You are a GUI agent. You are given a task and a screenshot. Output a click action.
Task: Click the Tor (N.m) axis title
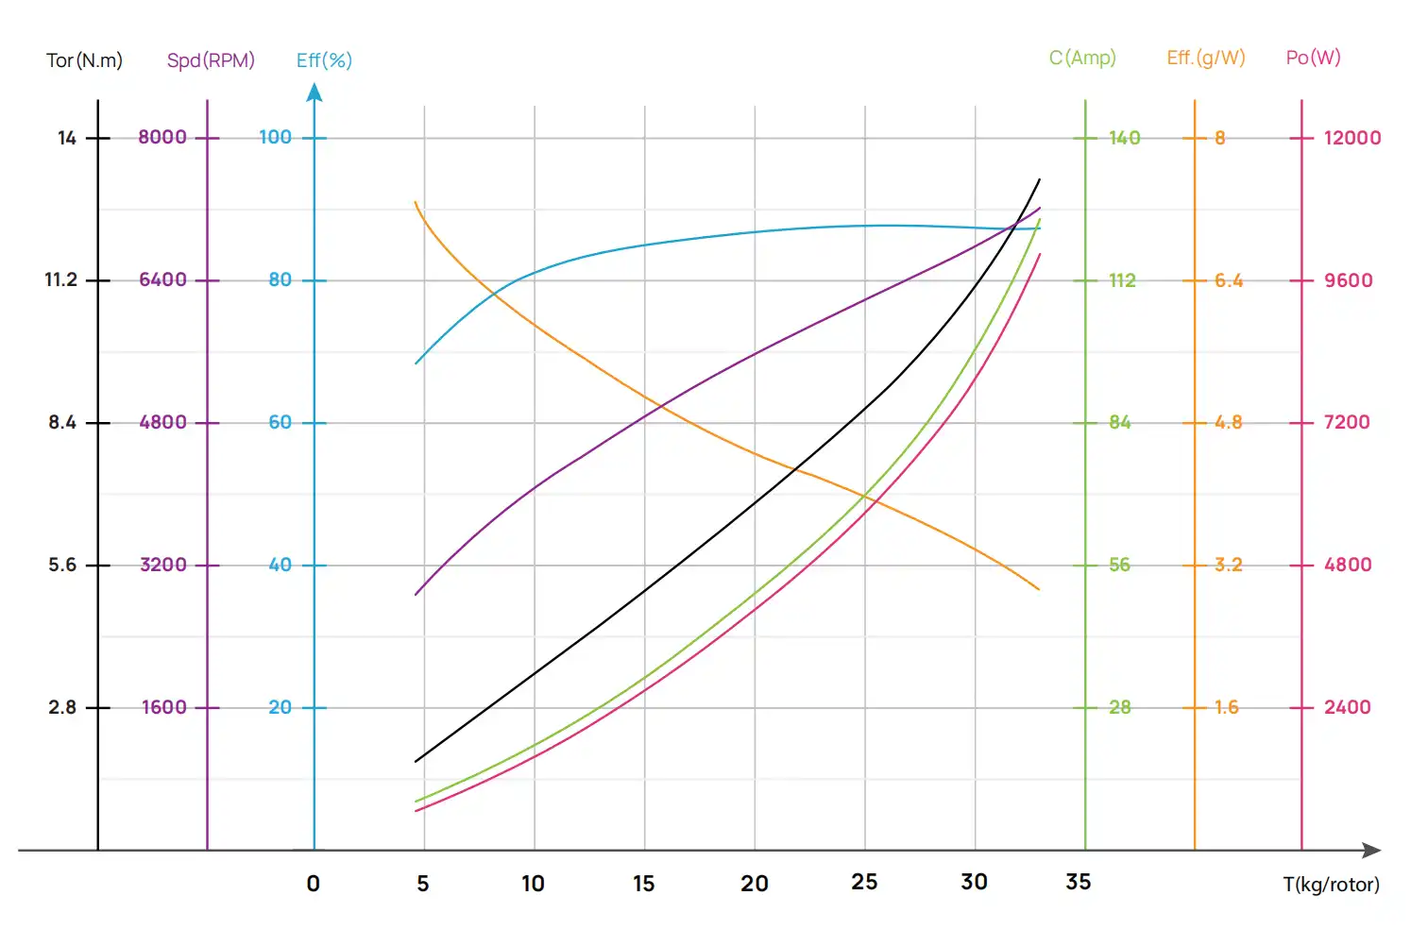[x=84, y=60]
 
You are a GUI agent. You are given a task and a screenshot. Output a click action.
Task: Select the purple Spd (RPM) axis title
[x=211, y=60]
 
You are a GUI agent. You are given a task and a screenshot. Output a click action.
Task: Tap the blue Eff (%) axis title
[x=324, y=60]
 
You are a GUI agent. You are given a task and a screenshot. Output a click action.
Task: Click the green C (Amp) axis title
[x=1082, y=58]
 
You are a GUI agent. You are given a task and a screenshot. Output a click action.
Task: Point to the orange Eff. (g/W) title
[x=1206, y=58]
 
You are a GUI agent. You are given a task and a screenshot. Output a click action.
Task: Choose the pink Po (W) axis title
[x=1313, y=58]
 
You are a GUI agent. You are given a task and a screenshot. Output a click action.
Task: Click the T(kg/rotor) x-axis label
[x=1331, y=885]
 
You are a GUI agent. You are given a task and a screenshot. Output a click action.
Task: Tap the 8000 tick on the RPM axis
[x=162, y=137]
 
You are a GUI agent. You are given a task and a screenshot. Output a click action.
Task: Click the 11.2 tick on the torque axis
[x=61, y=279]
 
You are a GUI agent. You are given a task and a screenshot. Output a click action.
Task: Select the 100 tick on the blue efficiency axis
[x=276, y=137]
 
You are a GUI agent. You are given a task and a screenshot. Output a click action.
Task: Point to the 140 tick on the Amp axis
[x=1124, y=138]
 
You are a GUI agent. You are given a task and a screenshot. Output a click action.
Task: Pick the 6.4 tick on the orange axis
[x=1229, y=280]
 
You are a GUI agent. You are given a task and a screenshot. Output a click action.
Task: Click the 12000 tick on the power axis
[x=1352, y=138]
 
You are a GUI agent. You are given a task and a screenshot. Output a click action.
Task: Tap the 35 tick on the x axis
[x=1079, y=882]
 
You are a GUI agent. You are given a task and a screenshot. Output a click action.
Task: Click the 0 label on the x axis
[x=314, y=884]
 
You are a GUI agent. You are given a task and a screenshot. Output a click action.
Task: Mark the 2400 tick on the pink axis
[x=1348, y=707]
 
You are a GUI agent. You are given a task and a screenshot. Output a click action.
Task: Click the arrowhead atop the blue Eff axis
[x=314, y=92]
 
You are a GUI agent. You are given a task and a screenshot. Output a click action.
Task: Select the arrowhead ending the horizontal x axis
[x=1372, y=850]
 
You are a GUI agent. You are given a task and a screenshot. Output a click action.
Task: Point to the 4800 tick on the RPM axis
[x=163, y=422]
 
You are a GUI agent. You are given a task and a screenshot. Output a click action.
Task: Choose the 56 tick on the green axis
[x=1119, y=565]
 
